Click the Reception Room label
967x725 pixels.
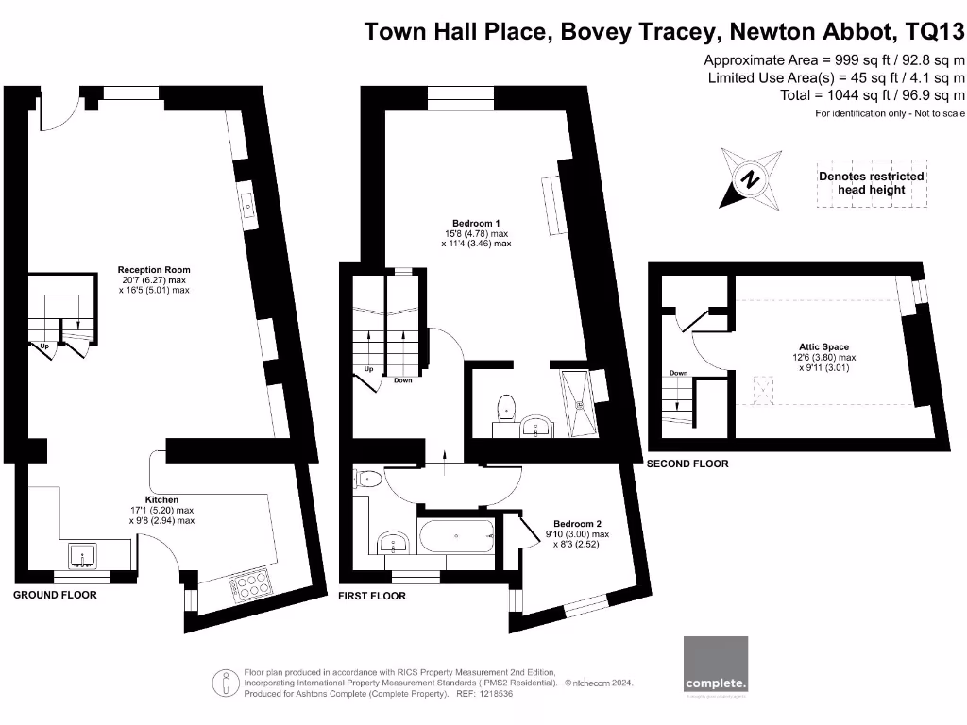point(154,270)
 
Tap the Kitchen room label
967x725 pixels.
point(161,499)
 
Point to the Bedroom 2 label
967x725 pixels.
point(577,524)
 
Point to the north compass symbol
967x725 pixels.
point(750,178)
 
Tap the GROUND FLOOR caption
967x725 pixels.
point(55,595)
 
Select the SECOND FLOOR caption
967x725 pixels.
point(687,464)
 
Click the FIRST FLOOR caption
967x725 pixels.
point(372,597)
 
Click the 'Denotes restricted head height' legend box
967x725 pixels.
point(872,183)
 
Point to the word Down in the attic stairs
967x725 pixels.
point(678,373)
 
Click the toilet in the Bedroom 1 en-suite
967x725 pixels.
point(507,407)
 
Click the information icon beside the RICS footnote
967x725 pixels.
point(225,680)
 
